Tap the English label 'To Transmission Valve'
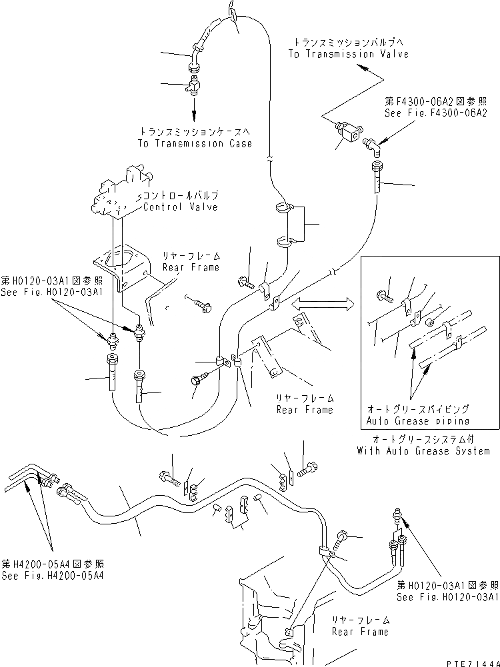pos(348,55)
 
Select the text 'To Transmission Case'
pos(195,143)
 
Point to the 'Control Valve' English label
pos(181,207)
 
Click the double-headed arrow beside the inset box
pos(323,304)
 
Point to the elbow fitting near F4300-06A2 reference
pos(372,143)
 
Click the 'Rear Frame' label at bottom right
pos(361,631)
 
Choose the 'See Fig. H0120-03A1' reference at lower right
pos(447,598)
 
